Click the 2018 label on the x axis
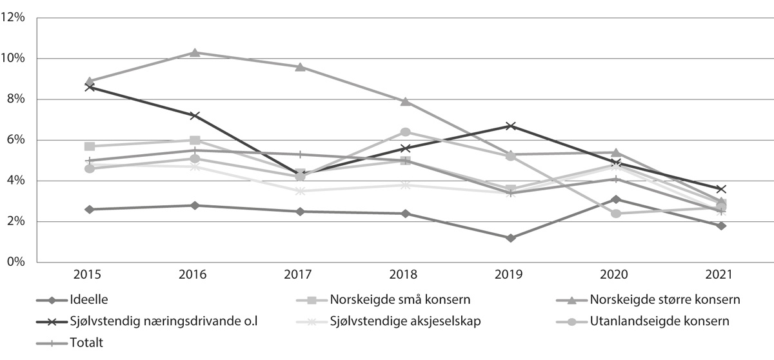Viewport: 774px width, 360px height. click(x=405, y=274)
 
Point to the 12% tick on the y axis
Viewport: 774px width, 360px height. click(x=14, y=18)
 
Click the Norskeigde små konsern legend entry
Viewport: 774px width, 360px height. click(x=399, y=299)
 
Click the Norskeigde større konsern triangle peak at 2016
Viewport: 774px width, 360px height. click(x=195, y=52)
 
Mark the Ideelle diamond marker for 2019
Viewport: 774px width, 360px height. click(x=511, y=238)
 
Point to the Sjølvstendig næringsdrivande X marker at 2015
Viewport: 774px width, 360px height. click(x=90, y=86)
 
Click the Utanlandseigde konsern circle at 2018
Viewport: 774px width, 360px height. click(x=405, y=132)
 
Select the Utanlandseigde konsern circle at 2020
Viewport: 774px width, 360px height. click(x=616, y=214)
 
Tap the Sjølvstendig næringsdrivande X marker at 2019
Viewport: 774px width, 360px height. click(x=511, y=126)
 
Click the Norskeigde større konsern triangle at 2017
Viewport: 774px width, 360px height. click(x=300, y=66)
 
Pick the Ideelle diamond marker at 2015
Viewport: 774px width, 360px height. click(x=90, y=209)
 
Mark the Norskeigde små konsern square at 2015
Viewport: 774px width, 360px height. click(x=90, y=146)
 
